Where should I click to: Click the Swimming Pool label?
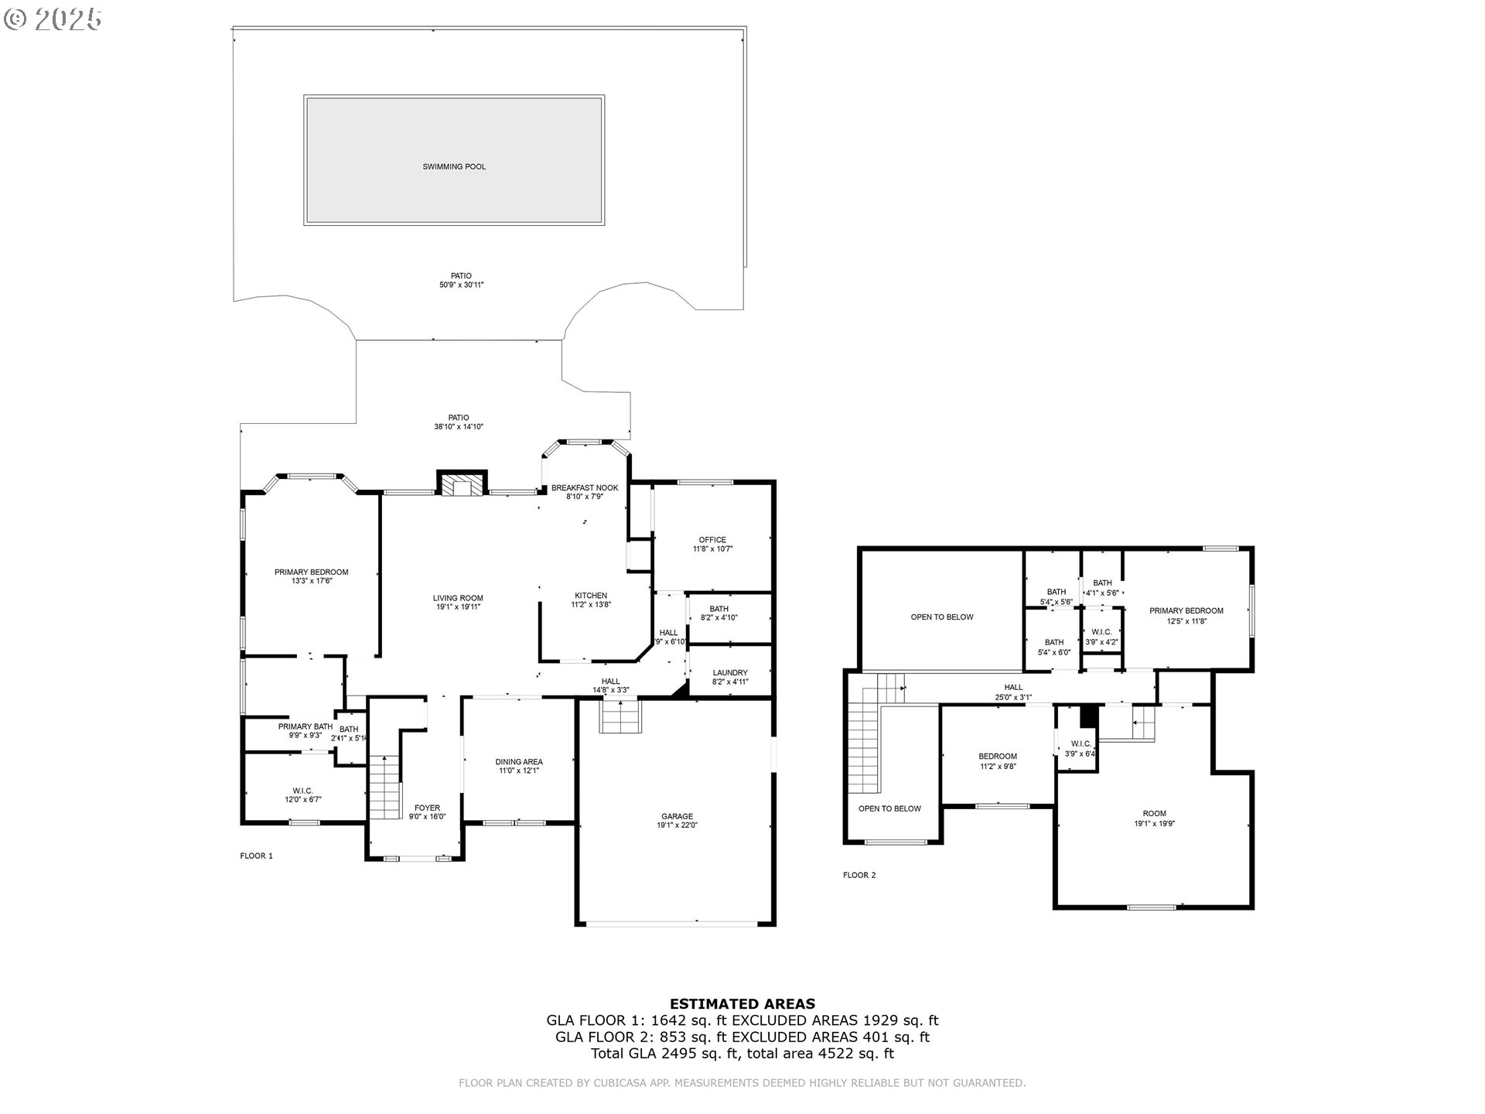454,166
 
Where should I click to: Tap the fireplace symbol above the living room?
463,485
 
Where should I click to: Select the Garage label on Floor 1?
677,816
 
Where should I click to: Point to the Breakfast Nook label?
585,488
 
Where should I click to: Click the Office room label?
712,540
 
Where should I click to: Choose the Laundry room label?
730,673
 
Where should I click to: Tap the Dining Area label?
519,762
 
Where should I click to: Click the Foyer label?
427,808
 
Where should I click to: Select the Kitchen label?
591,596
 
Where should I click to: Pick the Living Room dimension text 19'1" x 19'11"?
458,607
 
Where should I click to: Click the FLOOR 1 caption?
257,856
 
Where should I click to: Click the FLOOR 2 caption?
859,875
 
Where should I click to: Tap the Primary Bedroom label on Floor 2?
1186,611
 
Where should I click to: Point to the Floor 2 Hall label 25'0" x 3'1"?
1013,697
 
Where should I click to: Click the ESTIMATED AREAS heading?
742,1004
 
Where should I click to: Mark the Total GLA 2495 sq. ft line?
742,1053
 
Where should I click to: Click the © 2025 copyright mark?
53,19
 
